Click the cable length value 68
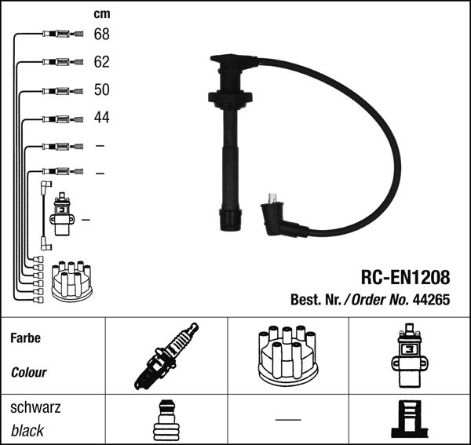[101, 34]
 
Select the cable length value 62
[101, 62]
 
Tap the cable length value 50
[101, 89]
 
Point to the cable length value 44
[101, 117]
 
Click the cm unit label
[102, 14]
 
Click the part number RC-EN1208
[405, 277]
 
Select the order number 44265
[431, 299]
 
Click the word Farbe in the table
[26, 338]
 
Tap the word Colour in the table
[29, 372]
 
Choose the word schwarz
[35, 407]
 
